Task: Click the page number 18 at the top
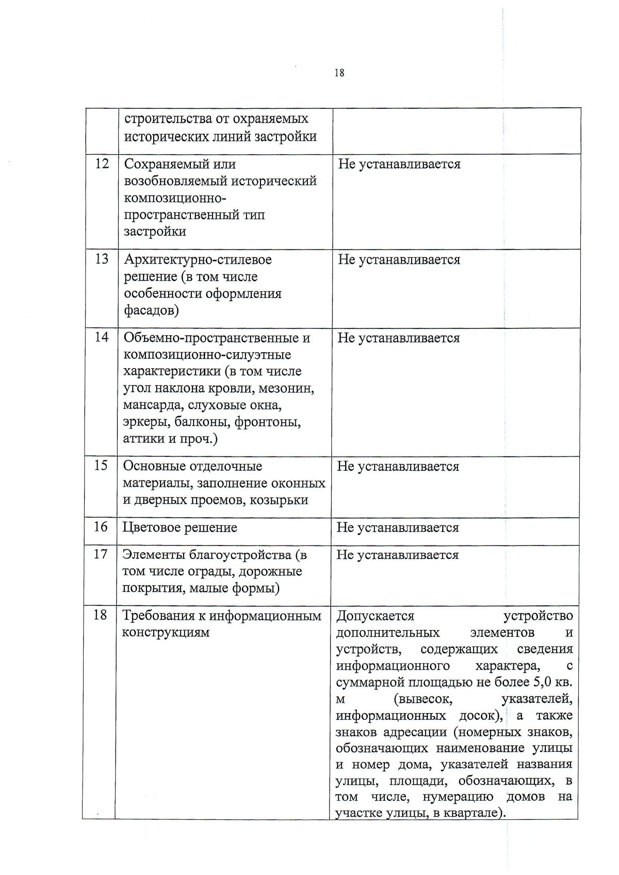tap(339, 73)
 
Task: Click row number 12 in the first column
tap(102, 163)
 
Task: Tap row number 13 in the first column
tap(102, 259)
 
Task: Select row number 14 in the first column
tap(102, 337)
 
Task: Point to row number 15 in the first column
tap(101, 465)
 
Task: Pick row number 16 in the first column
tap(101, 526)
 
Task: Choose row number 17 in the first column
tap(101, 554)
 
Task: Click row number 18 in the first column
tap(100, 615)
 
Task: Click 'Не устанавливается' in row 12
tap(399, 164)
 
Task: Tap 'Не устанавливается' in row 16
tap(397, 527)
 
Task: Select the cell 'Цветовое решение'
tap(180, 527)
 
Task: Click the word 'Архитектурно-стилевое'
tap(198, 259)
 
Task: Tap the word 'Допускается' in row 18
tap(375, 616)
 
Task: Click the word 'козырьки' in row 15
tap(279, 500)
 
